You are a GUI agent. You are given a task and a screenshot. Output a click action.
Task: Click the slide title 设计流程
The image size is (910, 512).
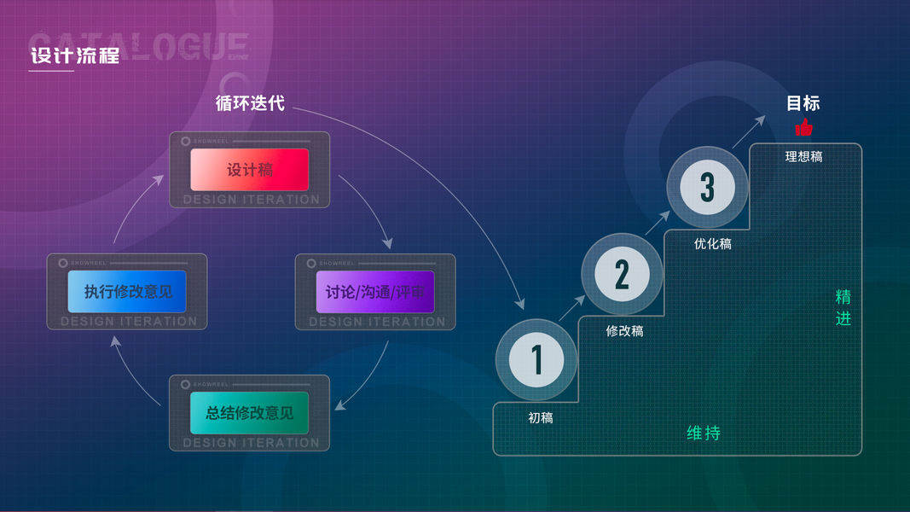(74, 56)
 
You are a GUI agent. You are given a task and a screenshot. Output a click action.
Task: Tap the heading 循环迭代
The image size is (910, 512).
(250, 103)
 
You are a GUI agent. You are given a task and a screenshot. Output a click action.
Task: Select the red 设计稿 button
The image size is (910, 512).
(249, 170)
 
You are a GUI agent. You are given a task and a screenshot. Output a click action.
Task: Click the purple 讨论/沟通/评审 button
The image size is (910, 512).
(375, 292)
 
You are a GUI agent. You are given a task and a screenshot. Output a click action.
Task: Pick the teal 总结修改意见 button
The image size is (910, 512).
(249, 414)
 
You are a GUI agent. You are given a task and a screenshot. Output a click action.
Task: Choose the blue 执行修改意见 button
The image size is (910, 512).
(127, 292)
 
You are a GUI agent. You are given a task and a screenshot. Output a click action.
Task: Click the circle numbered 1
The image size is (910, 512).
(537, 359)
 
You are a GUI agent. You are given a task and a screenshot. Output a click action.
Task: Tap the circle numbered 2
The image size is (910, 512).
(622, 274)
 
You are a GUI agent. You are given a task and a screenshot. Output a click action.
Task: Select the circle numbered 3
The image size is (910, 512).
(707, 187)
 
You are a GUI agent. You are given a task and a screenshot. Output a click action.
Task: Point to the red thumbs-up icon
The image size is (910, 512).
(803, 128)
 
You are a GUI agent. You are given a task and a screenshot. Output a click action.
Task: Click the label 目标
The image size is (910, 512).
(803, 103)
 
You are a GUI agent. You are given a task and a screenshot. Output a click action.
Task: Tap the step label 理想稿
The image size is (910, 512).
(803, 157)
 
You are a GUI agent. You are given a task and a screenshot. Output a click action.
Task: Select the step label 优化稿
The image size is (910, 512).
(712, 244)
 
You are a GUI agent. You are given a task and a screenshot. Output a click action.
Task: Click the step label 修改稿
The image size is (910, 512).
(624, 331)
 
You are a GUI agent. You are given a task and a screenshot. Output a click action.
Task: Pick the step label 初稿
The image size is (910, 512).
(541, 418)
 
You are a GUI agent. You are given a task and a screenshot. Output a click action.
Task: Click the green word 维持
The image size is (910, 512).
(704, 433)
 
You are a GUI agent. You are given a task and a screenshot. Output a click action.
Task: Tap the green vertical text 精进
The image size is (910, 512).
(843, 308)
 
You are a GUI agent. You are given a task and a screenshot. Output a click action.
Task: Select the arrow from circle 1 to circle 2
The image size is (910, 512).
(572, 309)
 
